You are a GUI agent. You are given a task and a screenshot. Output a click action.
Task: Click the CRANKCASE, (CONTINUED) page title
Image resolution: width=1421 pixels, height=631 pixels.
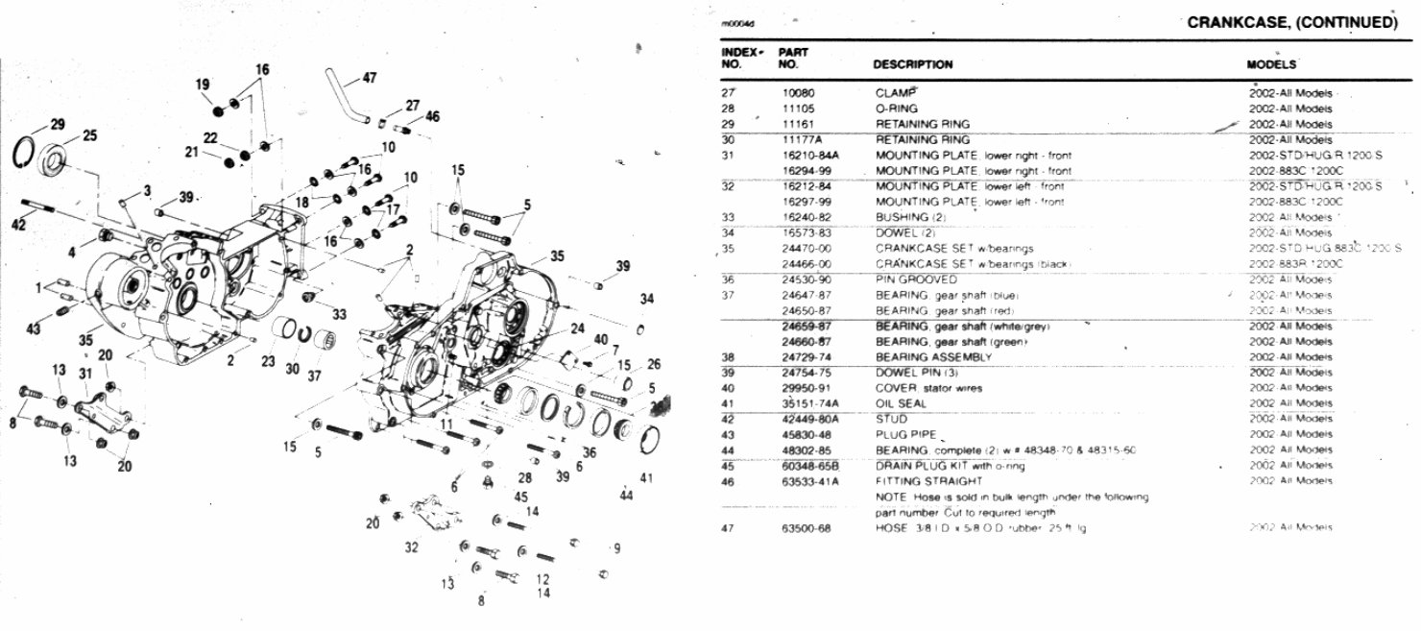point(1291,23)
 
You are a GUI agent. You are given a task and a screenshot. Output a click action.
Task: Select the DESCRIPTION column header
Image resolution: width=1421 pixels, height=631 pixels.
point(912,65)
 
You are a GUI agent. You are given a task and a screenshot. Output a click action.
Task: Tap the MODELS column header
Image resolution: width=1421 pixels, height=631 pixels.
point(1271,65)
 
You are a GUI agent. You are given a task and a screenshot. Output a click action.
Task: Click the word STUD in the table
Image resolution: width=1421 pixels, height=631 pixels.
point(891,419)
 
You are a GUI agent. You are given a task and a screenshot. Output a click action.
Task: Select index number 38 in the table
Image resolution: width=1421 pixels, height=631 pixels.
point(728,357)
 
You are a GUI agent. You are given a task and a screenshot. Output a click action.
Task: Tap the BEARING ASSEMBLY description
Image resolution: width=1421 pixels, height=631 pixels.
point(920,357)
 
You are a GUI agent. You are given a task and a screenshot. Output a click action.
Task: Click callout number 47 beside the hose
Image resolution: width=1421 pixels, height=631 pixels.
point(370,79)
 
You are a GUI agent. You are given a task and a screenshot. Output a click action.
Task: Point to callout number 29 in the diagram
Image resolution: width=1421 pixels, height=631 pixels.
point(58,124)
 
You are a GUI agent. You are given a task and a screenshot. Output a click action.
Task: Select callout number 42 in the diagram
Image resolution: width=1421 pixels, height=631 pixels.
point(19,224)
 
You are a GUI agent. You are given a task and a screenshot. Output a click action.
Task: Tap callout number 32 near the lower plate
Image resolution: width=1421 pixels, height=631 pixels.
point(411,547)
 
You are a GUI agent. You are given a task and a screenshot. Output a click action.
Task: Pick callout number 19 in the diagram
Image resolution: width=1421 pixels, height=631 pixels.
point(203,85)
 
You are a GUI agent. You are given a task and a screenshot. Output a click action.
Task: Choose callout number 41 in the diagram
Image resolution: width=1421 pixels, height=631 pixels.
point(646,477)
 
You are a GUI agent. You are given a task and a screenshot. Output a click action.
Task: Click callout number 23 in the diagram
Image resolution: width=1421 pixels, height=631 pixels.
point(267,363)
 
